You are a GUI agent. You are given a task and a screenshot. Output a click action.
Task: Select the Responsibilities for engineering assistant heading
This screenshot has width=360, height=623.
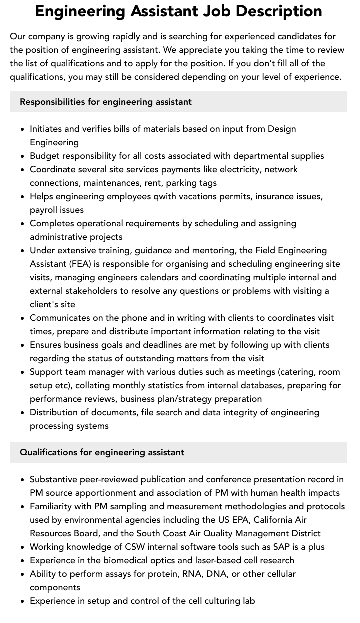[x=106, y=102]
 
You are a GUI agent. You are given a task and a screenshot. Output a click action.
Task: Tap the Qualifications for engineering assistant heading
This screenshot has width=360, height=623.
[x=102, y=452]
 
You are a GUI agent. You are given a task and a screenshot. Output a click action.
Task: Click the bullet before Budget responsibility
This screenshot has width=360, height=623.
[x=23, y=156]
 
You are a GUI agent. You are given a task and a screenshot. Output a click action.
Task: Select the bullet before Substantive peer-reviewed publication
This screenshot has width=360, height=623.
[x=23, y=480]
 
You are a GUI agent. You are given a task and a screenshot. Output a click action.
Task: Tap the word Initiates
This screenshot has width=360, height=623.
[x=47, y=129]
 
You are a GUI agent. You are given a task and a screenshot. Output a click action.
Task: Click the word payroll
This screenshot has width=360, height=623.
[x=44, y=210]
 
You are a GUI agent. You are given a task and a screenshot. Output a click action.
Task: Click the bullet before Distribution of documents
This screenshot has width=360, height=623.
[x=23, y=413]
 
